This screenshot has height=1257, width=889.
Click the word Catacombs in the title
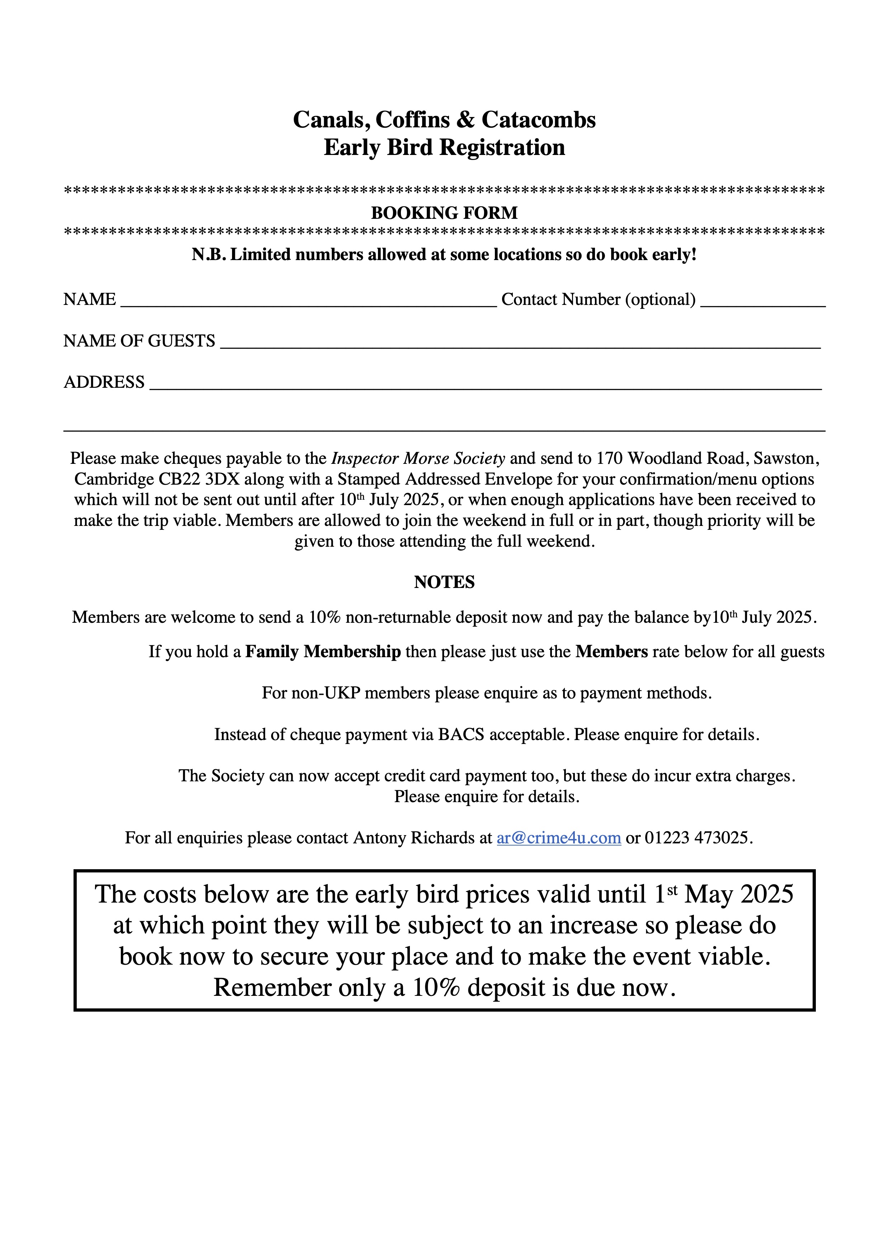[x=538, y=120]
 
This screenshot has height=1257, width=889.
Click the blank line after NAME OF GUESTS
[x=520, y=343]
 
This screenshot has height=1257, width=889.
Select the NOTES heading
[x=444, y=582]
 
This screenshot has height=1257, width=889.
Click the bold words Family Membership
[x=323, y=651]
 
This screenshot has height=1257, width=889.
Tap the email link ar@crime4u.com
[x=558, y=838]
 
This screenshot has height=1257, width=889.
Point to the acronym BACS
[x=461, y=734]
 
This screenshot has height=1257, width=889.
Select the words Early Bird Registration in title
[x=444, y=147]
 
